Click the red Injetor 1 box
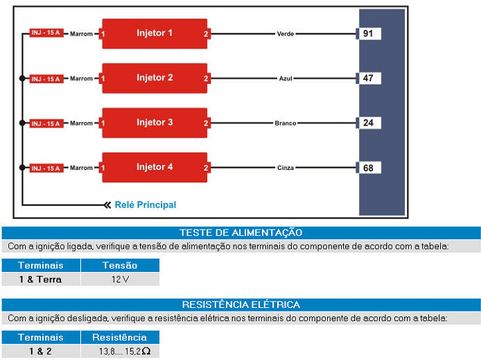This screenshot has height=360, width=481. coord(155,33)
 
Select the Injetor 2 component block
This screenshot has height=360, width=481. coord(155,78)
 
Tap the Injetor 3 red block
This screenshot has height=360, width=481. coord(155,123)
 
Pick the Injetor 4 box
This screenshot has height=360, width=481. coord(155,167)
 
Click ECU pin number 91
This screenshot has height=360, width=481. coord(369,33)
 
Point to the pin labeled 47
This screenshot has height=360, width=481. coord(369,78)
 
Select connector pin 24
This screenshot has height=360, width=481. coord(369,123)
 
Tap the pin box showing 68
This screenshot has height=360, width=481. coord(369,167)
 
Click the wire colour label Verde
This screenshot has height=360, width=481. coord(286,34)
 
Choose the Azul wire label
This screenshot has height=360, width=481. coord(286,78)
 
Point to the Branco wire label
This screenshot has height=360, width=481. coord(286,123)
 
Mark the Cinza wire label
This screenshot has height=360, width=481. coord(286,168)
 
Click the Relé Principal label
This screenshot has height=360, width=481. coord(145,205)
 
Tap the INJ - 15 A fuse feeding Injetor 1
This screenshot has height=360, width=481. coord(46,33)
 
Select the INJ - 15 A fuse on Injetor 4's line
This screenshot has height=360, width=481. coord(46,168)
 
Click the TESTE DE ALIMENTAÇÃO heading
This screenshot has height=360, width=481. coord(240,233)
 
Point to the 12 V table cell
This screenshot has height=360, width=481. coord(120,280)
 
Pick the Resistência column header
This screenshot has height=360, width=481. coord(120,337)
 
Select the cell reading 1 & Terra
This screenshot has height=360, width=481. coord(40,280)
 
